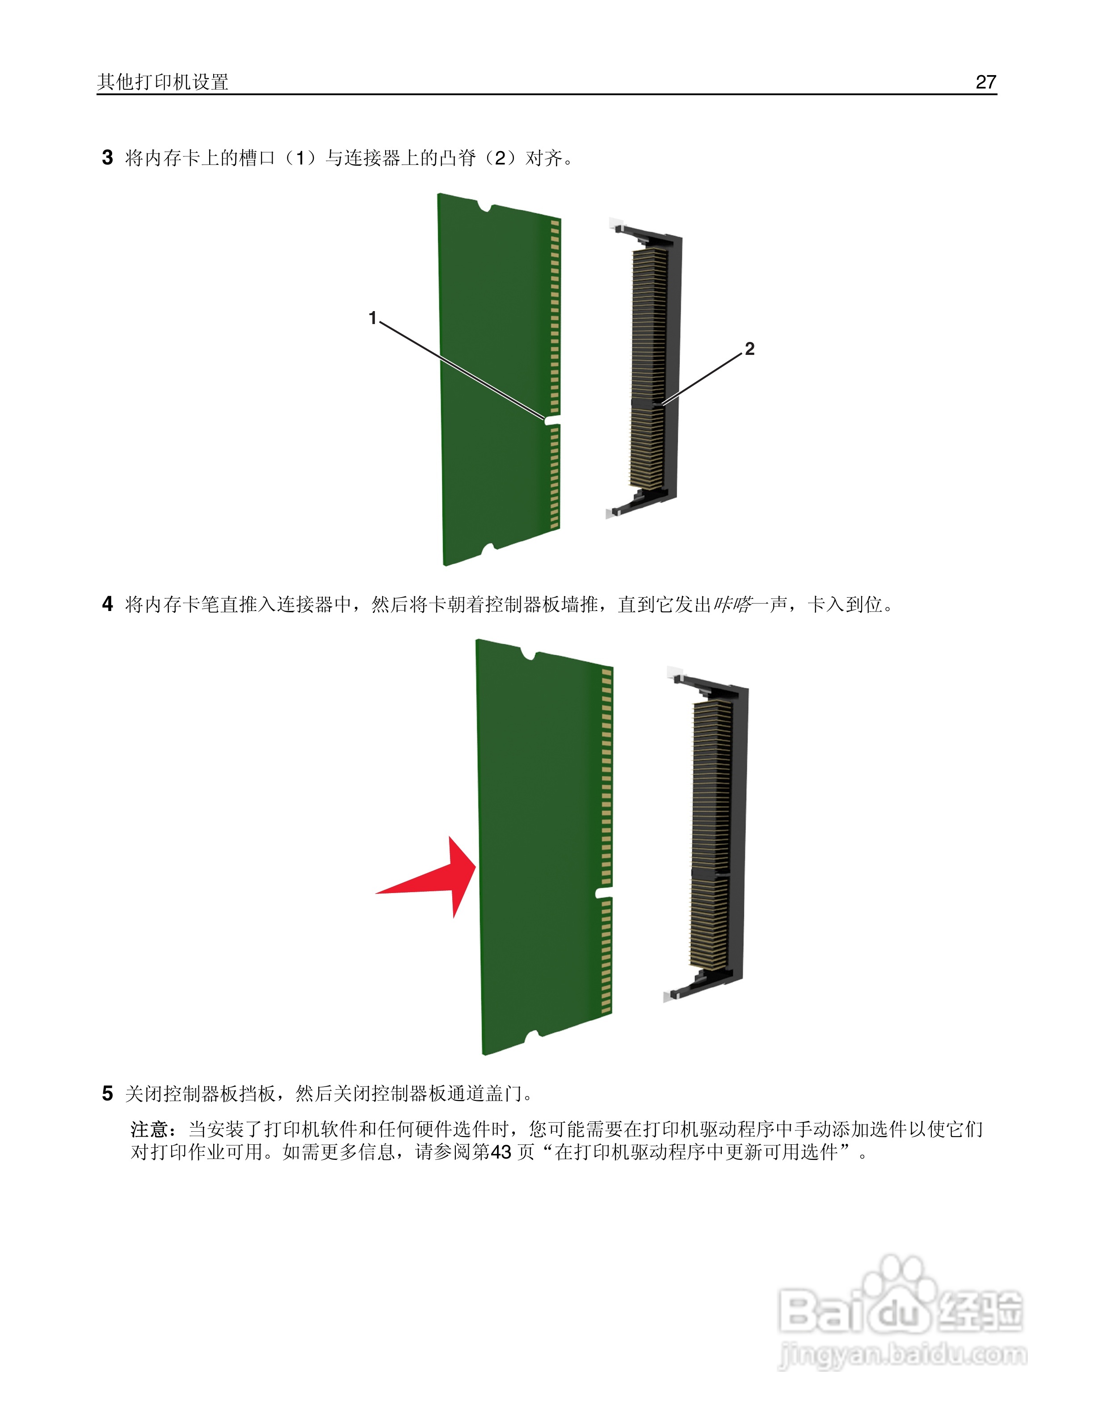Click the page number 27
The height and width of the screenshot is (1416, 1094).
[x=985, y=82]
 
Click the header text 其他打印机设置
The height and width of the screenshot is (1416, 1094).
[x=163, y=82]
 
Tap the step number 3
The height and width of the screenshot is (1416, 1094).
[x=108, y=157]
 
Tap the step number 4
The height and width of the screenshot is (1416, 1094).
[x=108, y=604]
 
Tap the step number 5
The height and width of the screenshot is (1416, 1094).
[x=108, y=1094]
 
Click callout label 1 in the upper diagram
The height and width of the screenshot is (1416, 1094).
[x=373, y=318]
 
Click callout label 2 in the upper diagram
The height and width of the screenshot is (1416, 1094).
[x=750, y=349]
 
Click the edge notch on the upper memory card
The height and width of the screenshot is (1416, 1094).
[x=551, y=420]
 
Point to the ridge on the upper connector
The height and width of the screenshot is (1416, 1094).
[x=648, y=403]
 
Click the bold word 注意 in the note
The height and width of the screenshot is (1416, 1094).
[x=150, y=1130]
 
